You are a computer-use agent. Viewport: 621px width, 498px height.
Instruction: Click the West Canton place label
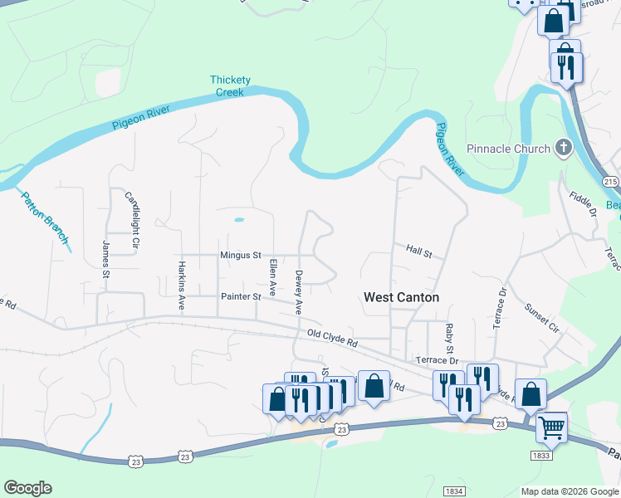[401, 297]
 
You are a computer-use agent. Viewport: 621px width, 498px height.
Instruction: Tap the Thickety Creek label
[230, 86]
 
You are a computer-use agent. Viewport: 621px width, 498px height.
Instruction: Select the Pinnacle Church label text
[509, 149]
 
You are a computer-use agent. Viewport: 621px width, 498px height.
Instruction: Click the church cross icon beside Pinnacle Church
[564, 149]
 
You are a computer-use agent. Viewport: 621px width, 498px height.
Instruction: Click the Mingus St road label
[241, 256]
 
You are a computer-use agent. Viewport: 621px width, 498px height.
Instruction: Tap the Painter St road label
[241, 296]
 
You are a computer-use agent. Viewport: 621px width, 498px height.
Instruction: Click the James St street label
[106, 258]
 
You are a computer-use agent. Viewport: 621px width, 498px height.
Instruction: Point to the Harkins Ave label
[181, 287]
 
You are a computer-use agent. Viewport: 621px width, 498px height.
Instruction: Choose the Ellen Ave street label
[272, 277]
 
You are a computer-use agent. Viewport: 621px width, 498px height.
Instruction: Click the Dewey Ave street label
[298, 291]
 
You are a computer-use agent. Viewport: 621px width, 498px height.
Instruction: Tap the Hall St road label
[419, 249]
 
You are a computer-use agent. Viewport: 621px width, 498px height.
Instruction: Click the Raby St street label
[449, 335]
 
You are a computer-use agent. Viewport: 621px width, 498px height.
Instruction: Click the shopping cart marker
[550, 428]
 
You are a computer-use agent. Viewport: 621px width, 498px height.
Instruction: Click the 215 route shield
[612, 183]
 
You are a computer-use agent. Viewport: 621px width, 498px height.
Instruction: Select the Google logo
[27, 488]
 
